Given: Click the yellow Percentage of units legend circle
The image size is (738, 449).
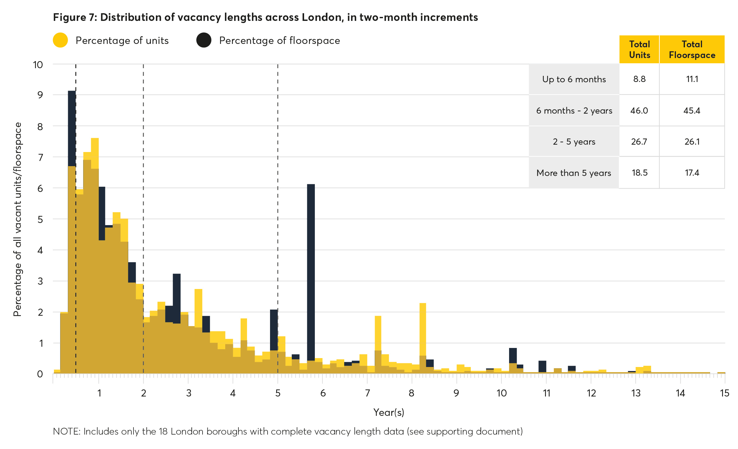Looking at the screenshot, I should coord(60,40).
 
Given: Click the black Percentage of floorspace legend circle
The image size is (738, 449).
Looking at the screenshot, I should coord(204,40).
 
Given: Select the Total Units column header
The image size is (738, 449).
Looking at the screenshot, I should coord(639,49).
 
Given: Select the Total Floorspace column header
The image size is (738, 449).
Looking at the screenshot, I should coord(692,49).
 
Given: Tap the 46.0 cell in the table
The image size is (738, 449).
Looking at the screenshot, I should coord(639,111).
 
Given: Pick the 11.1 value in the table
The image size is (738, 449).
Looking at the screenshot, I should coord(692,79).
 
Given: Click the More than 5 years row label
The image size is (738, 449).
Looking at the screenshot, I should coord(574,173).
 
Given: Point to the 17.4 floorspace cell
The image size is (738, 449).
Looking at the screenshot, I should coord(692,173).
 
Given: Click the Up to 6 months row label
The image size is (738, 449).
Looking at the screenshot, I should coord(574,79).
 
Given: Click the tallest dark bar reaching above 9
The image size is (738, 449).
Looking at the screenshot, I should coord(72,129).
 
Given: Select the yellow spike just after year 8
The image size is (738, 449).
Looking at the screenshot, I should coord(423,329).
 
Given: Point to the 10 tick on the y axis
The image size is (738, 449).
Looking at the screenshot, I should coord(38,65).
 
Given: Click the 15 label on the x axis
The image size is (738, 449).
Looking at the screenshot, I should coord(724,393).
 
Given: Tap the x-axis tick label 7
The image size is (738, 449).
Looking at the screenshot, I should coord(367,393).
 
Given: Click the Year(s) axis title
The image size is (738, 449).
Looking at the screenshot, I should coord(388,412).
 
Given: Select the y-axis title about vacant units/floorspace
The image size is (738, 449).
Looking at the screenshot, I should coord(17,219).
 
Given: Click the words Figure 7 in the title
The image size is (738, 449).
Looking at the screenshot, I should coord(75,17).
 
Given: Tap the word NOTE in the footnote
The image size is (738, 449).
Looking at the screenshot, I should coord(66,431).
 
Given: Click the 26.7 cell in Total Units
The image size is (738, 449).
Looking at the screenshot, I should coord(639,142).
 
